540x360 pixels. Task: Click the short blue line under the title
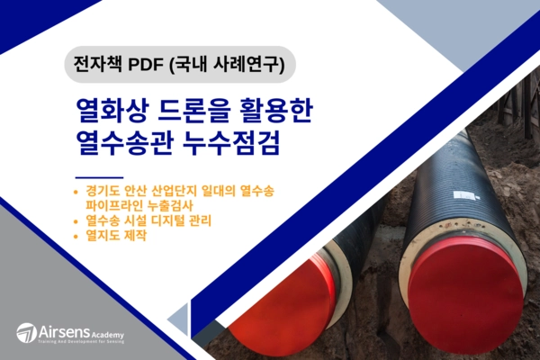tap(98, 176)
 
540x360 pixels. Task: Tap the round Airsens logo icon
tap(26, 332)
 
